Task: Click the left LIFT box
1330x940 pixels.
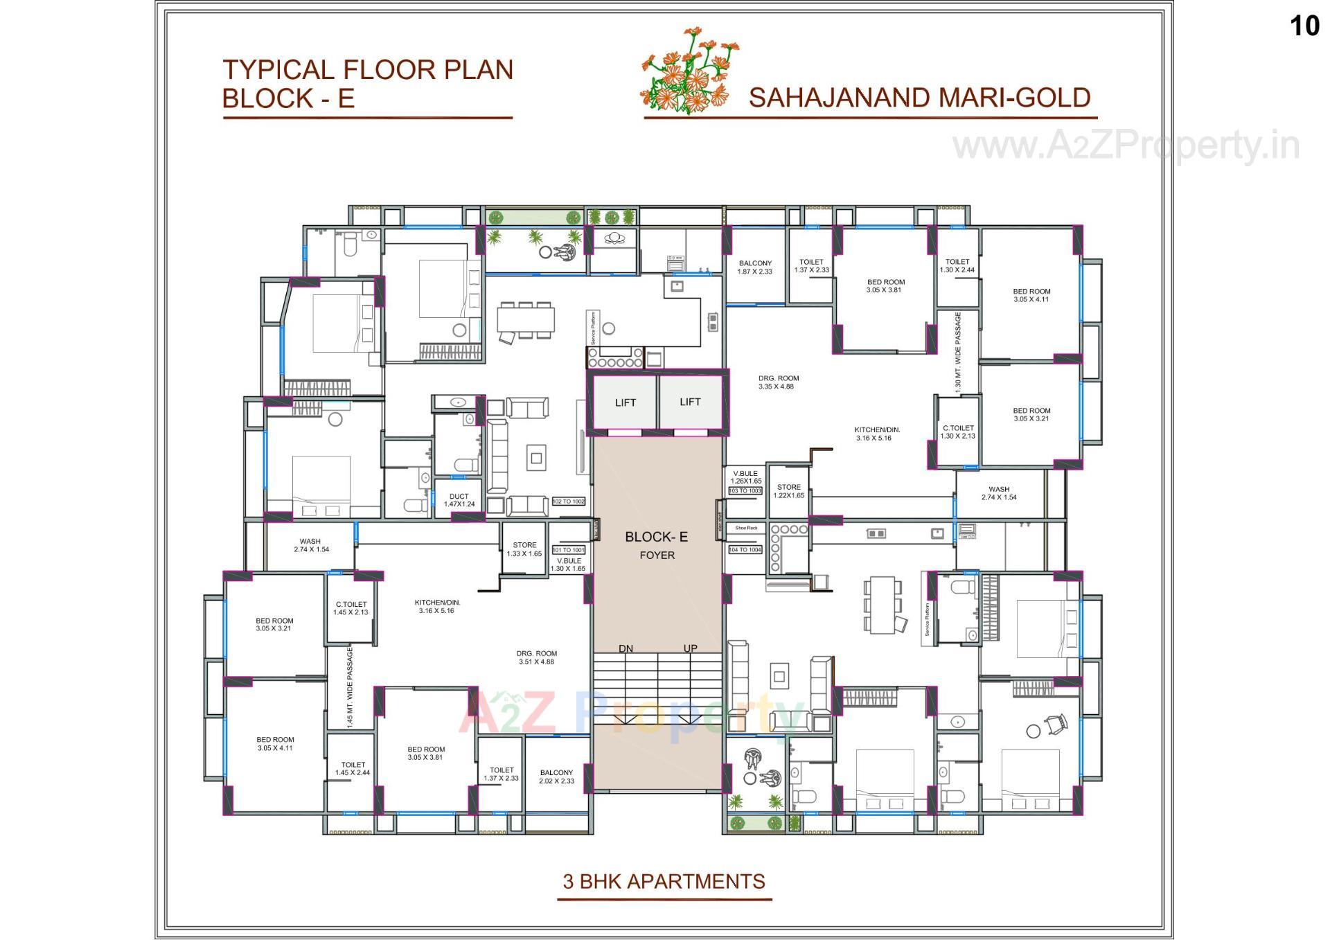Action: [x=625, y=402]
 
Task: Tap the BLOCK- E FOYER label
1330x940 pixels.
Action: [x=657, y=544]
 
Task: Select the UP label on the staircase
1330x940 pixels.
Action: [x=690, y=648]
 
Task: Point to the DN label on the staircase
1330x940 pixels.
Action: [x=626, y=648]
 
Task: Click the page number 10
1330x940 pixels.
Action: [x=1304, y=26]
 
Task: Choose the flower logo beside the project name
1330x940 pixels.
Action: [x=687, y=71]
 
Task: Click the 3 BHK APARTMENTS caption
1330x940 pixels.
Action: [x=664, y=881]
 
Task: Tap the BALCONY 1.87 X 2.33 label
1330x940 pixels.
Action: [x=755, y=267]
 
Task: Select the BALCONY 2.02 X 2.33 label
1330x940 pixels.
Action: [x=557, y=777]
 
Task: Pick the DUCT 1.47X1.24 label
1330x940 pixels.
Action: [x=459, y=500]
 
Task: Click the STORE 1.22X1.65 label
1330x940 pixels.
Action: [x=788, y=491]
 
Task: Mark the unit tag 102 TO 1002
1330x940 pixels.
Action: [x=569, y=501]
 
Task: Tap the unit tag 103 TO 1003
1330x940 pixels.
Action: [x=745, y=490]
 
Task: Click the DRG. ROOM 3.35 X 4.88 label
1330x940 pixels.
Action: [x=778, y=382]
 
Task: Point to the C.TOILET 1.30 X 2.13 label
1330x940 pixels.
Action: [x=957, y=432]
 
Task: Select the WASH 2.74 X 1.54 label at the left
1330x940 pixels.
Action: [x=311, y=545]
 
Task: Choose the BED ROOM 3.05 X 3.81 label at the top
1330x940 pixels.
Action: [x=885, y=286]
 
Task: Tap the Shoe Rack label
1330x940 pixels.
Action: [x=746, y=528]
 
